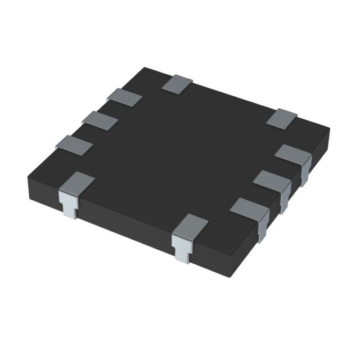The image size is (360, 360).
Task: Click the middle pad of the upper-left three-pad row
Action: pyautogui.click(x=99, y=119)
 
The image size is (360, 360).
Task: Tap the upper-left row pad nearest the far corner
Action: pyautogui.click(x=124, y=97)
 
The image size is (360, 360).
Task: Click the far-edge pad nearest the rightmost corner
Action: pyautogui.click(x=282, y=118)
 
